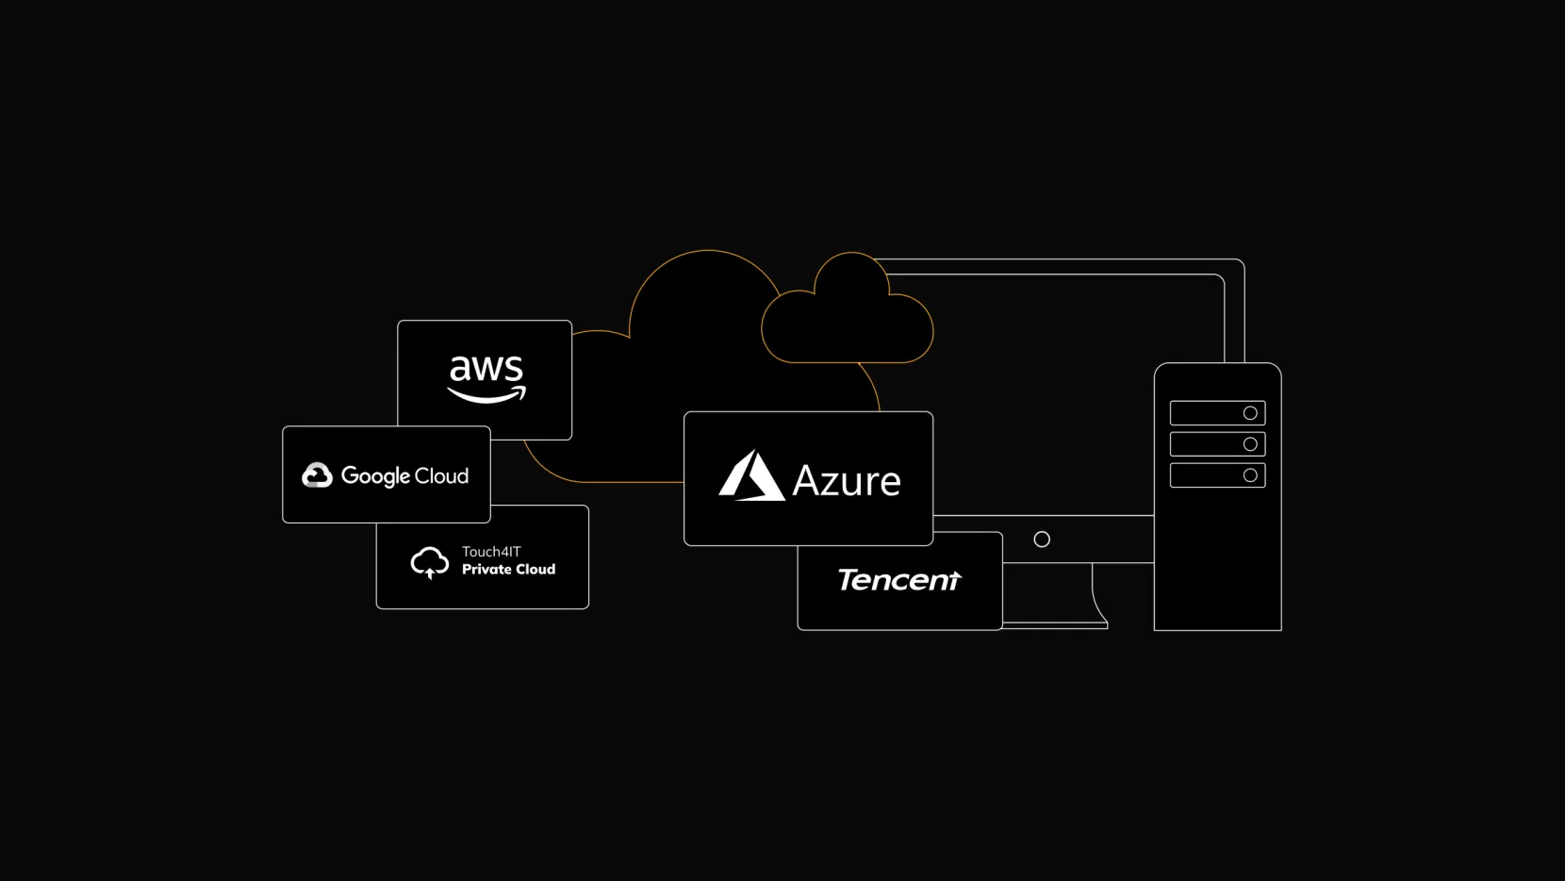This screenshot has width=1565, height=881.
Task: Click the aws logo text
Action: coord(486,368)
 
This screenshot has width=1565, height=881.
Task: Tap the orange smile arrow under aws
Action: coord(486,395)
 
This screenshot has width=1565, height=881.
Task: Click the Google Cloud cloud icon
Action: coord(317,475)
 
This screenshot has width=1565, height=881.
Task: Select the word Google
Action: coord(375,476)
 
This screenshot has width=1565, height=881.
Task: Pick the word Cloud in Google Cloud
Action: coord(442,475)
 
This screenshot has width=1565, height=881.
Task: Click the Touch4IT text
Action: coord(491,552)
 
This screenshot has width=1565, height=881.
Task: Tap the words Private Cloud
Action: coord(508,570)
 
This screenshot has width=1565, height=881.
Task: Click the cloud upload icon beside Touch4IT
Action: coord(430,562)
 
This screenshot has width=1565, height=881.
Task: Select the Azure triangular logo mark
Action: coord(751,475)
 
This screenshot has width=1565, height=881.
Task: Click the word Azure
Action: coord(847,481)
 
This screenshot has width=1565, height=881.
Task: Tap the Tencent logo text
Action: coord(899,579)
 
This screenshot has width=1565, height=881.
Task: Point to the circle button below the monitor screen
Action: coord(1042,540)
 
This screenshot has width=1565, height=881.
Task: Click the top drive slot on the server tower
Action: coord(1217,413)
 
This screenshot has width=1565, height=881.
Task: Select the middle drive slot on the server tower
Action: coord(1217,444)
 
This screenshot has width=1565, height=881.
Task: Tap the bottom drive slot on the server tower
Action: coord(1217,475)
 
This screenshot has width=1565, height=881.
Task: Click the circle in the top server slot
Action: coord(1250,413)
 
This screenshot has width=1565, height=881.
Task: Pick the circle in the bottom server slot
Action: coord(1250,475)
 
